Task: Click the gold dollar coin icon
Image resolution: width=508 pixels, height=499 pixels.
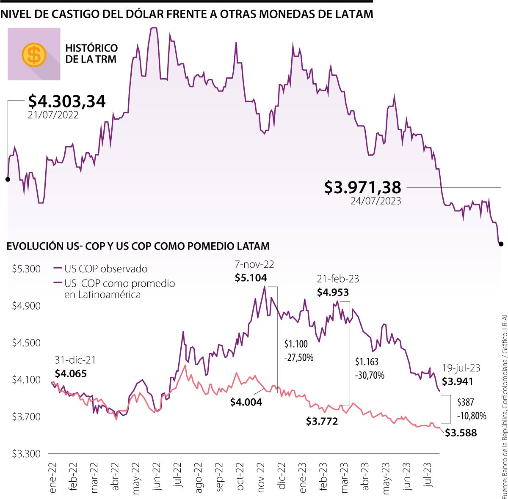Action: [x=34, y=55]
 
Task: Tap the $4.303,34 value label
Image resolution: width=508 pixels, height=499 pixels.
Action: [x=67, y=101]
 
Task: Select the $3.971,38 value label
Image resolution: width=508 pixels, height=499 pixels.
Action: [x=362, y=187]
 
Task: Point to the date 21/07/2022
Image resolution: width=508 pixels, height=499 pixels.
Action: [x=53, y=115]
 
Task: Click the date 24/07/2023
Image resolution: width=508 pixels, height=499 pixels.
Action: [x=375, y=201]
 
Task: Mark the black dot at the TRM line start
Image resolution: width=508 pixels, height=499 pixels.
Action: [x=8, y=179]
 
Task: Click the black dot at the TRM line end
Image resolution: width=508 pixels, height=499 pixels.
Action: [x=501, y=244]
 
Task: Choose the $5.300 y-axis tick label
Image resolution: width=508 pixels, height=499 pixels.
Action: [x=26, y=269]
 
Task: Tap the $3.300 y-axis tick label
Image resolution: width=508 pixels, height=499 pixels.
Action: [x=26, y=454]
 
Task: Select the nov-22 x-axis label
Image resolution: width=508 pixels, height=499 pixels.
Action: [x=261, y=477]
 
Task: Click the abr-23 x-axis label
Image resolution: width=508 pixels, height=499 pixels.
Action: [x=365, y=476]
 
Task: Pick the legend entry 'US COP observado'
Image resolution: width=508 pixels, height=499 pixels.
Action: [x=106, y=269]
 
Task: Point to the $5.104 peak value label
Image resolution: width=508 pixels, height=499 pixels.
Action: [x=251, y=278]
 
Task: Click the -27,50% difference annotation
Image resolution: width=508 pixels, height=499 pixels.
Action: [x=299, y=358]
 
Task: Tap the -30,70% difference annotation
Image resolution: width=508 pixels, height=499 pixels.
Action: [x=370, y=375]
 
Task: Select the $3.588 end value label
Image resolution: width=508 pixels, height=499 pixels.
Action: [x=461, y=433]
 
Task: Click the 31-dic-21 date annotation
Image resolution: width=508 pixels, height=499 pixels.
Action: [x=75, y=360]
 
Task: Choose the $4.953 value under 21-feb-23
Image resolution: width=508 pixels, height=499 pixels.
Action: [x=333, y=292]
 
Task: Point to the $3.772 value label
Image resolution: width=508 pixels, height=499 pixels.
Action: [x=322, y=421]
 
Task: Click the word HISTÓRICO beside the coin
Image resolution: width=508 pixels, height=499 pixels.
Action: [x=91, y=48]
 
